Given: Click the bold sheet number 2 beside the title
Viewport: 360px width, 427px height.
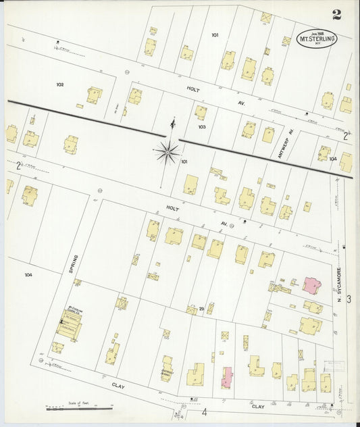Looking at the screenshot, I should click(336, 16).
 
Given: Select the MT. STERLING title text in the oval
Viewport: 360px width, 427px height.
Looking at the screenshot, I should click(317, 39).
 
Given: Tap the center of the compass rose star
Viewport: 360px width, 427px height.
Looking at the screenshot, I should click(166, 151).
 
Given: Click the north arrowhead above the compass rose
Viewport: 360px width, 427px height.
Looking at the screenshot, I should click(173, 122).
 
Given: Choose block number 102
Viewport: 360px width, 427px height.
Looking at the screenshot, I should click(60, 84).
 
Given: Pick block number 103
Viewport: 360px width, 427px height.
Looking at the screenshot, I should click(201, 126).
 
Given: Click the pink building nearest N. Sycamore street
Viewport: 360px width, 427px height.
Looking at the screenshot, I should click(312, 284).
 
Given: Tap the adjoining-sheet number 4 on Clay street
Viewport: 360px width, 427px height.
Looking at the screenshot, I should click(203, 411).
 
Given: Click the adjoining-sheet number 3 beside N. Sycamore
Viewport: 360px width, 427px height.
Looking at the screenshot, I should click(349, 298).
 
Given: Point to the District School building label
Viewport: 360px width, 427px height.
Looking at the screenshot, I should click(167, 370).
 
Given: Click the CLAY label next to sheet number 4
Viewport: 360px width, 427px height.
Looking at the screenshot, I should click(258, 407).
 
